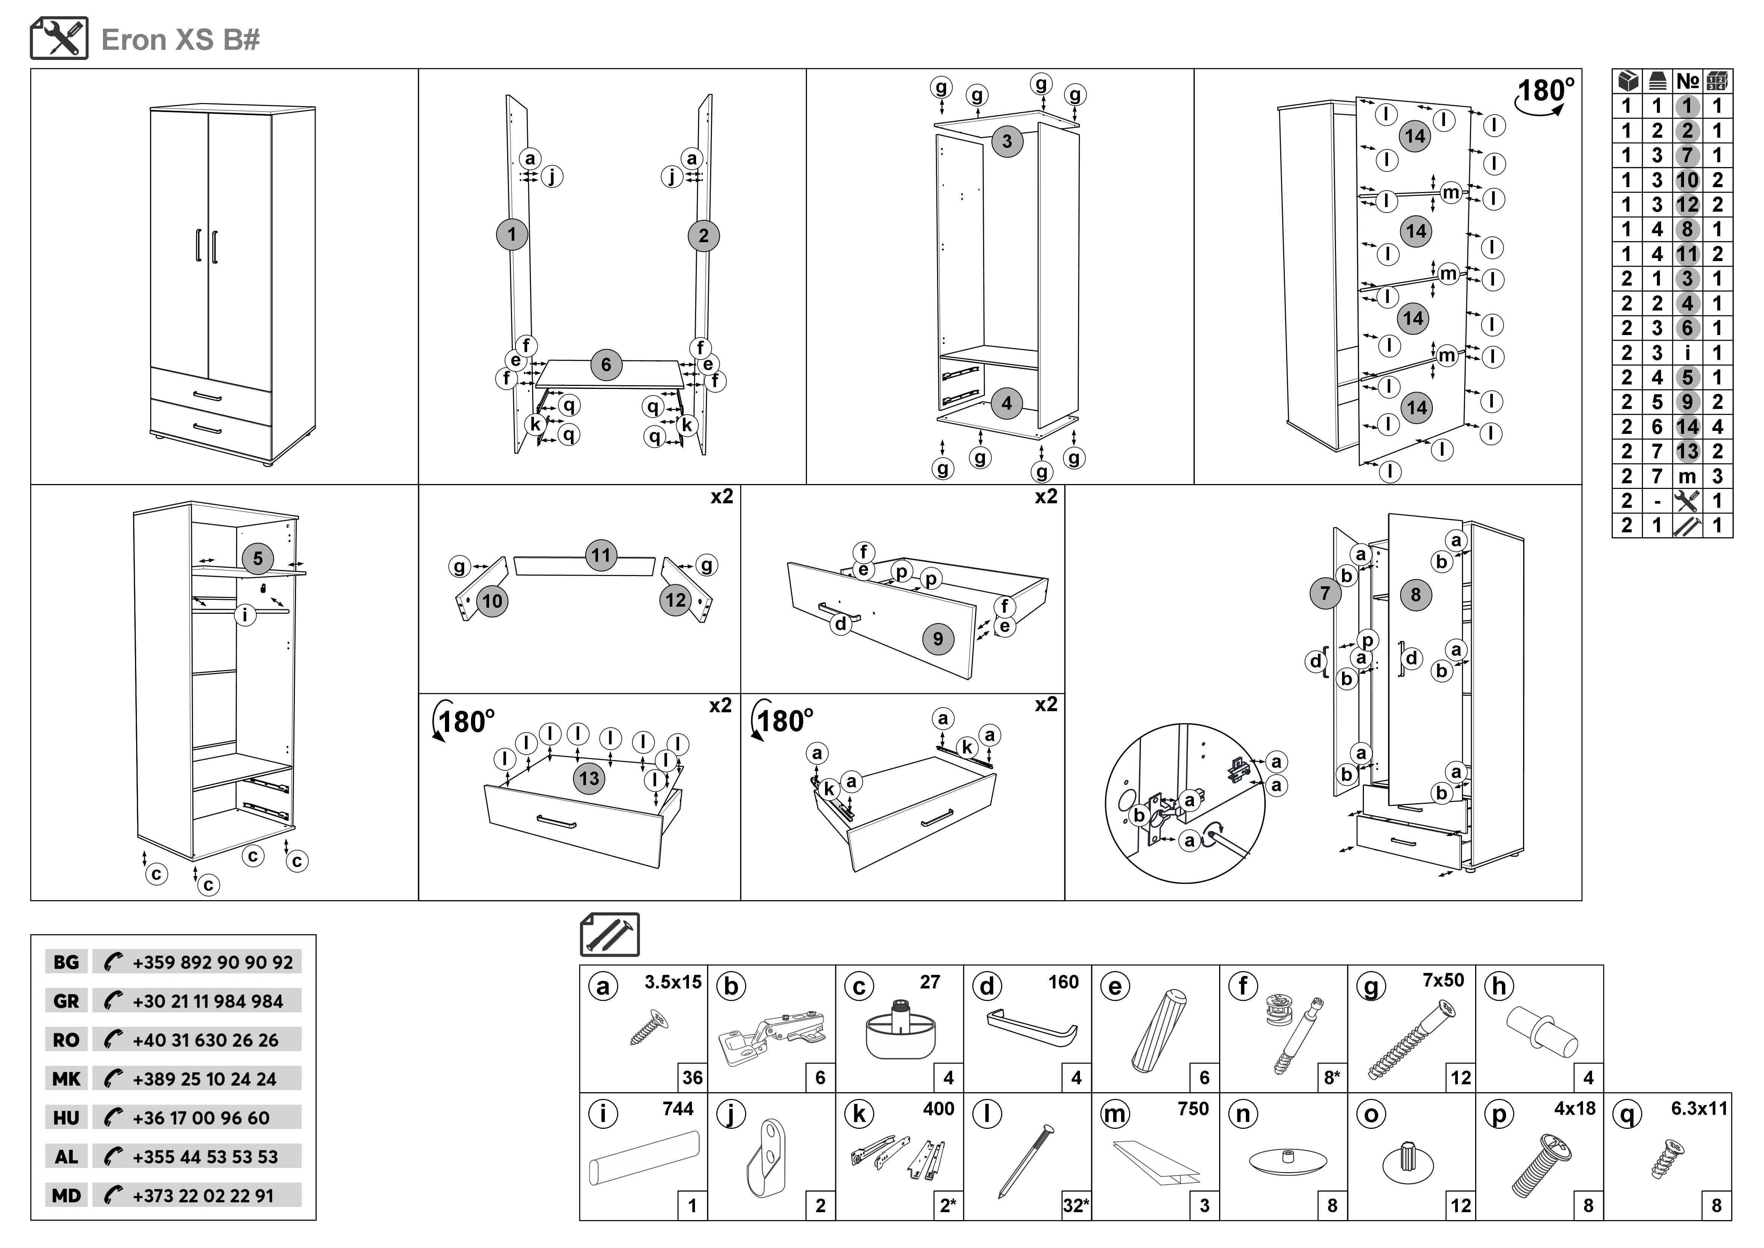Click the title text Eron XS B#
(x=181, y=40)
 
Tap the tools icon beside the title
(x=59, y=38)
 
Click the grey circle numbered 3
(x=1006, y=141)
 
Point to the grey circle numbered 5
(x=258, y=559)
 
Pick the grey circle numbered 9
(x=937, y=639)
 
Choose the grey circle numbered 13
(x=589, y=778)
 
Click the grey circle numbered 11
(x=601, y=555)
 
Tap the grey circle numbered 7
(x=1325, y=593)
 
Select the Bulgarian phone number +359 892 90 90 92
(x=212, y=962)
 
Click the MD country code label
(x=66, y=1196)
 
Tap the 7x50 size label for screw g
(x=1443, y=981)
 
